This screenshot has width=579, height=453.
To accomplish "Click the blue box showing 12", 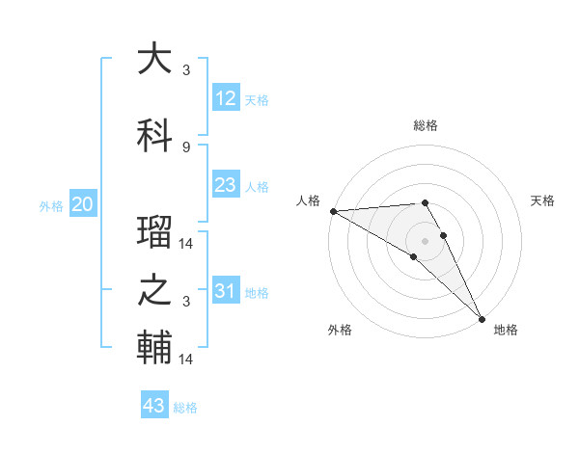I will (226, 98).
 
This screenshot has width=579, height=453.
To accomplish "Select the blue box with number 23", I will (226, 185).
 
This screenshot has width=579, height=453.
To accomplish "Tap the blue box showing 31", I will (226, 291).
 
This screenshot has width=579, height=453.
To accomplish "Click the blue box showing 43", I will (154, 406).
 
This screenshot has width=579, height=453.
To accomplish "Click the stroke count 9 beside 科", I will (186, 147).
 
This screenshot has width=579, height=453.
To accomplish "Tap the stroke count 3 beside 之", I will (186, 302).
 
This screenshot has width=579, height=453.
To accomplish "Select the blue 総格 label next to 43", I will (185, 408).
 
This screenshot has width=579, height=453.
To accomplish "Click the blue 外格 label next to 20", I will (51, 205).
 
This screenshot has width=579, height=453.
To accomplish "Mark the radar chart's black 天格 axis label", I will (543, 200).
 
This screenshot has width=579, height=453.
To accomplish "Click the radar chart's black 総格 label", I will (426, 125).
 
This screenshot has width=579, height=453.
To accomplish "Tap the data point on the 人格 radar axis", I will (333, 211).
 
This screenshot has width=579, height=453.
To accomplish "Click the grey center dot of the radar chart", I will (426, 239).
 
